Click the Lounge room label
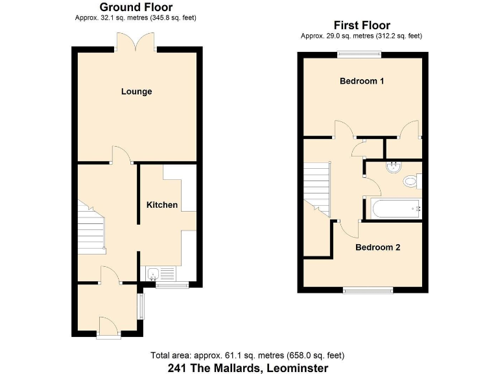point(136,92)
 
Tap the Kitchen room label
point(161,205)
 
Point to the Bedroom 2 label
point(378,247)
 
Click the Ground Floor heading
point(136,7)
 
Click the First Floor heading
point(361,25)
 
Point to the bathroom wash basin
point(392,168)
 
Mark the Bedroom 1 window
point(358,55)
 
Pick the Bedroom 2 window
point(368,290)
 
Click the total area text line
point(247,355)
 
